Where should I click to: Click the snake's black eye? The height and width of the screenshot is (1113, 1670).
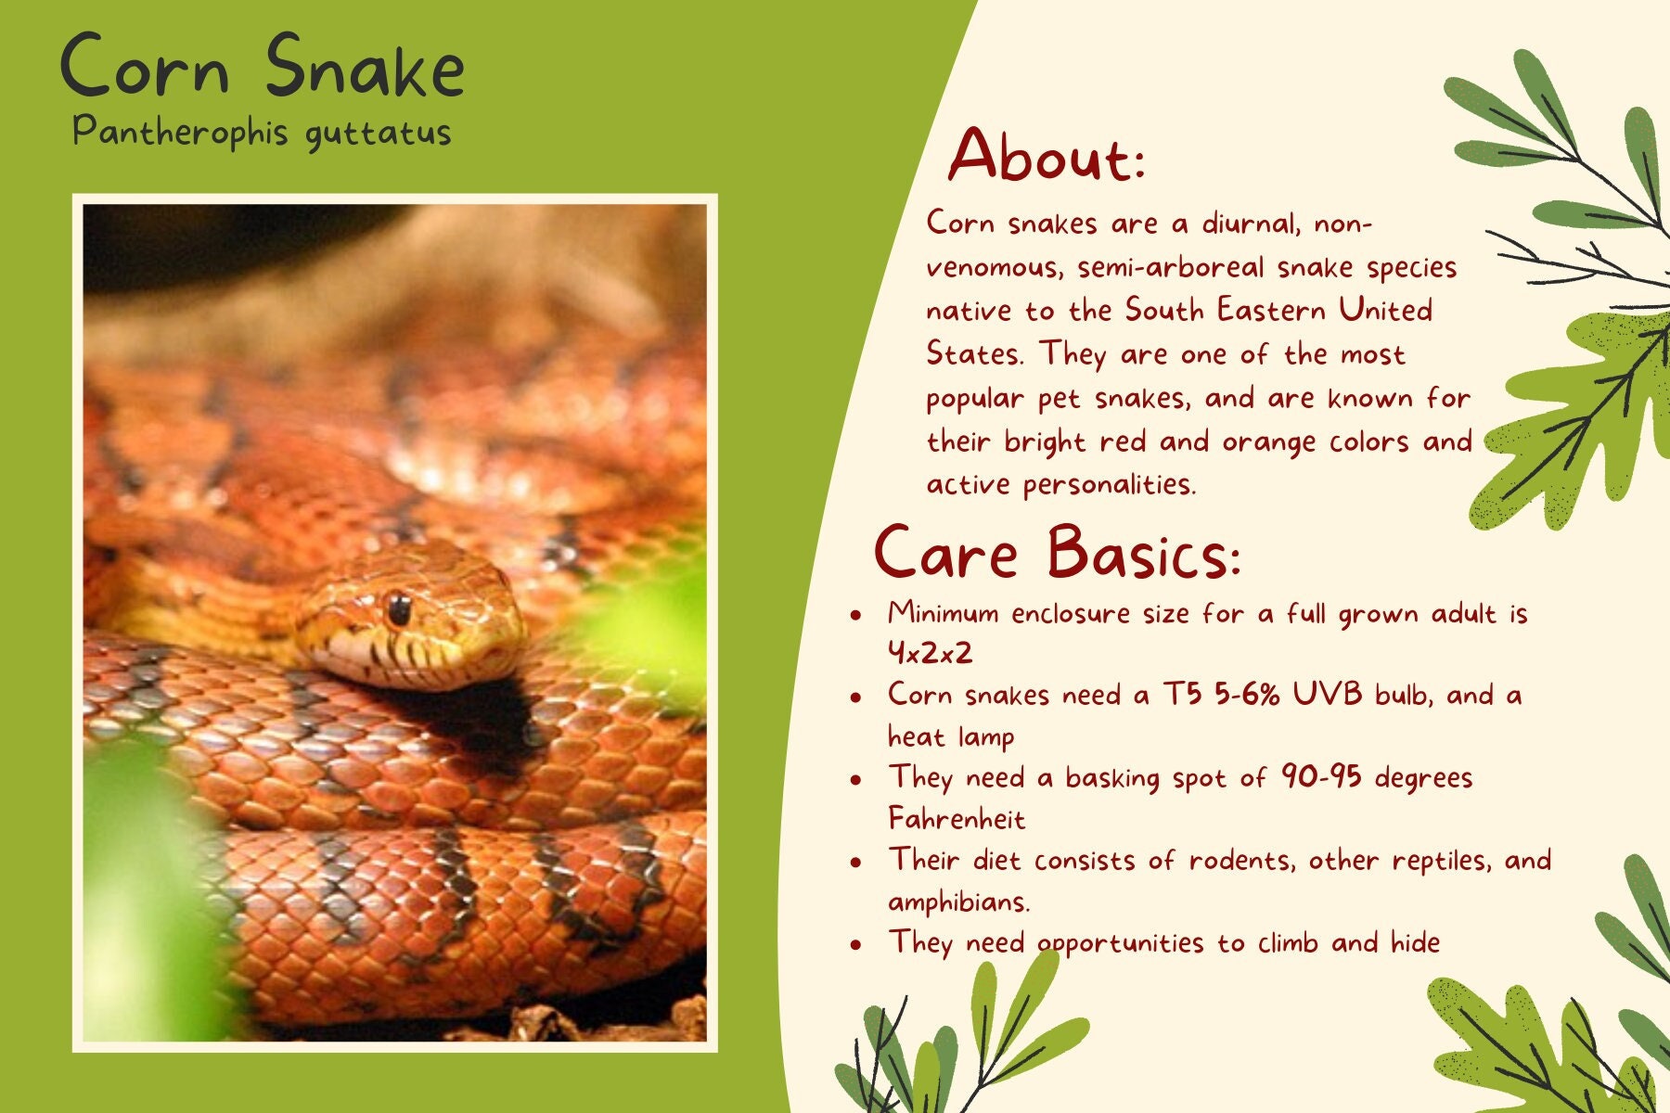click(399, 608)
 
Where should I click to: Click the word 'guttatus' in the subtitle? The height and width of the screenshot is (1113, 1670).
click(378, 134)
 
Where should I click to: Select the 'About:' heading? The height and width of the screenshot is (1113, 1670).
click(1047, 155)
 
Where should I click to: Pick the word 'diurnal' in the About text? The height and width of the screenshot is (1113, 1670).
click(1250, 223)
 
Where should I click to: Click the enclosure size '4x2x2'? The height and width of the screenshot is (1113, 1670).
click(931, 653)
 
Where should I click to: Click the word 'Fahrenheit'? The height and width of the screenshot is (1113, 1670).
click(957, 818)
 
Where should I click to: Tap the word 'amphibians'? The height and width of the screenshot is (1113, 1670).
click(958, 901)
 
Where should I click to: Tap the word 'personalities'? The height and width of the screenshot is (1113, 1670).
click(1109, 484)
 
